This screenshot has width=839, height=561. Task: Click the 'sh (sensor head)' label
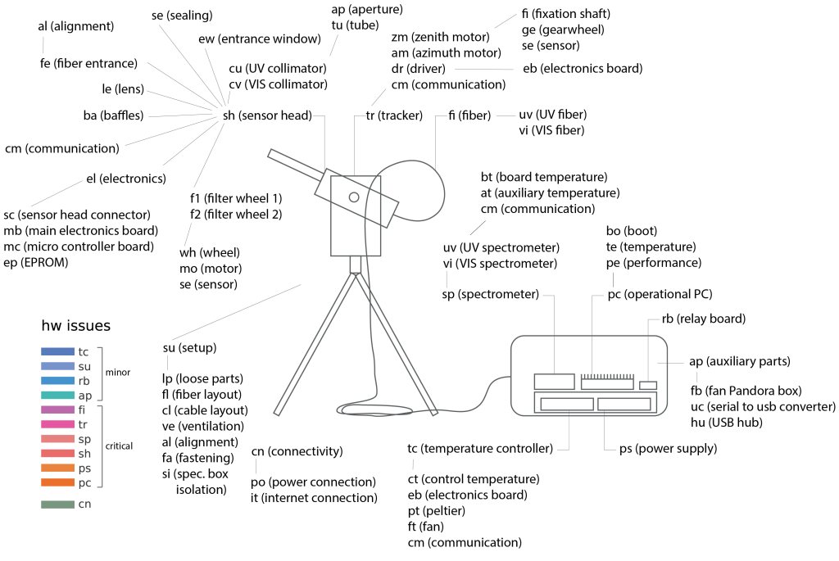pos(267,116)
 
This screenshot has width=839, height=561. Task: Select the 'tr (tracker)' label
pos(394,116)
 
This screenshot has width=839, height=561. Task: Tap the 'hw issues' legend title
pos(76,326)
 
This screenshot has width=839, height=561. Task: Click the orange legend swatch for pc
pos(58,483)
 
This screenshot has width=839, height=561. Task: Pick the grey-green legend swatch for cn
pos(58,504)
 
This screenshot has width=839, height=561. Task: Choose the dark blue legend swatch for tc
pos(58,351)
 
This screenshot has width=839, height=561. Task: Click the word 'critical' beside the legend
pos(120,446)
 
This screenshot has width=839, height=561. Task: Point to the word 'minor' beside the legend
pos(118,373)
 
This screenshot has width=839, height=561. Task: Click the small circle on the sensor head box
pos(354,197)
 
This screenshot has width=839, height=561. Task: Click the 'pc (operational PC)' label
pos(660,295)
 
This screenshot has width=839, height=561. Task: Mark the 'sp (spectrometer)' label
pos(490,294)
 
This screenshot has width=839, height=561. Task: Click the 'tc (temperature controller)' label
pos(479,449)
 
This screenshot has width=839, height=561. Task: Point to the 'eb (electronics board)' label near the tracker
pos(583,69)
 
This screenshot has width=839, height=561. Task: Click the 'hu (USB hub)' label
pos(728,423)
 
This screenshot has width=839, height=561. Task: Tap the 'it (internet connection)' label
pos(315,498)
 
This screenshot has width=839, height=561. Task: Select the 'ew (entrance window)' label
pos(259,39)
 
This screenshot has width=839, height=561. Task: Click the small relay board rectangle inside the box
pos(648,386)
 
